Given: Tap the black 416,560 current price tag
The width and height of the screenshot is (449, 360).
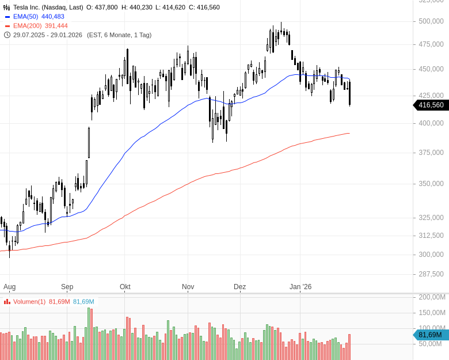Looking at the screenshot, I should coord(431,105).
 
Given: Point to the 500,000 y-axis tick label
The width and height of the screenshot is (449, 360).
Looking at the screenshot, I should coord(431,21).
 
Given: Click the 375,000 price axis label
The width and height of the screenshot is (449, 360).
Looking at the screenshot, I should coord(431,153).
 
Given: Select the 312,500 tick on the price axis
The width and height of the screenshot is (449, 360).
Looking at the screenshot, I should coord(431,236).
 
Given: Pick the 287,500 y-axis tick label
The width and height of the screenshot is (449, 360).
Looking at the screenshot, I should coord(431,274).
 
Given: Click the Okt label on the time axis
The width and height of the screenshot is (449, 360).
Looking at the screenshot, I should coord(125,286).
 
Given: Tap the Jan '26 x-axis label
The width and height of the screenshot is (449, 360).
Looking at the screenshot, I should coord(300,286).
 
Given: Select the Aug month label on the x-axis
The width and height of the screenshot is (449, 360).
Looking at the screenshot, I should coord(9,286).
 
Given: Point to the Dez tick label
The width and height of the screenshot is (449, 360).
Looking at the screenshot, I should coord(240,286).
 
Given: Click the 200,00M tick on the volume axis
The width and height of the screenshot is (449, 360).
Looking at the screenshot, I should coord(432,297).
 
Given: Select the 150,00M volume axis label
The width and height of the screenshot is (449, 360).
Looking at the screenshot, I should coord(432,313).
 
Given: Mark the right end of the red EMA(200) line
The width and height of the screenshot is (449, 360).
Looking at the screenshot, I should coord(349,134).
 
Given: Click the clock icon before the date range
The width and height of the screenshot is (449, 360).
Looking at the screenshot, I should coord(7,35).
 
